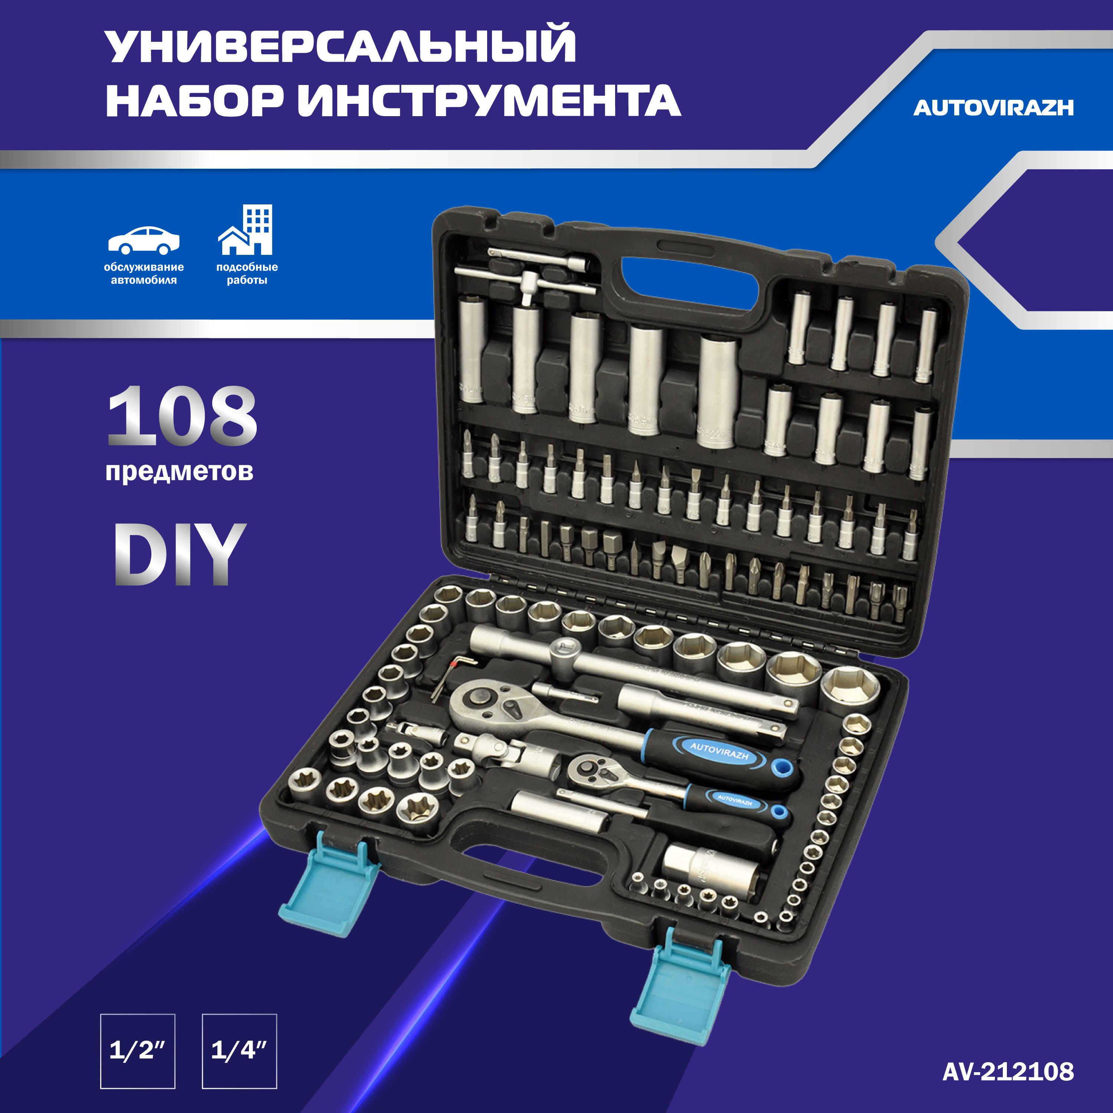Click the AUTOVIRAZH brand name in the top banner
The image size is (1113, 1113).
(993, 108)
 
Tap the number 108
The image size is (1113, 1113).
(182, 416)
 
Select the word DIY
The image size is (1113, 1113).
(180, 554)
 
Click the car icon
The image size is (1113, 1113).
(144, 240)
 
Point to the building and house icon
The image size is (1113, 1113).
(245, 230)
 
